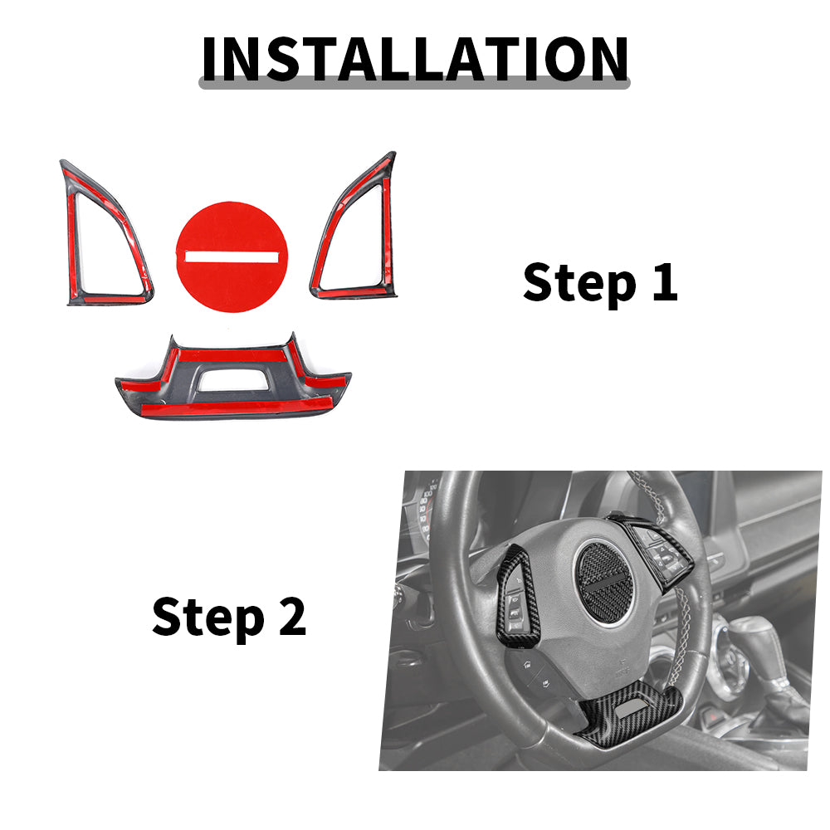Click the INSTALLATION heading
pyautogui.click(x=415, y=59)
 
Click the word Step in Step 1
pyautogui.click(x=579, y=283)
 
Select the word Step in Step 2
pyautogui.click(x=208, y=618)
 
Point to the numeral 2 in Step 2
pyautogui.click(x=293, y=616)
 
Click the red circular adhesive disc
pyautogui.click(x=232, y=256)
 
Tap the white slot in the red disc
pyautogui.click(x=232, y=256)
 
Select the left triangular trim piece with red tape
pyautogui.click(x=106, y=233)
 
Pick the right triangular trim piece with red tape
pyautogui.click(x=354, y=227)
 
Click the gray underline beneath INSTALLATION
pyautogui.click(x=414, y=84)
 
